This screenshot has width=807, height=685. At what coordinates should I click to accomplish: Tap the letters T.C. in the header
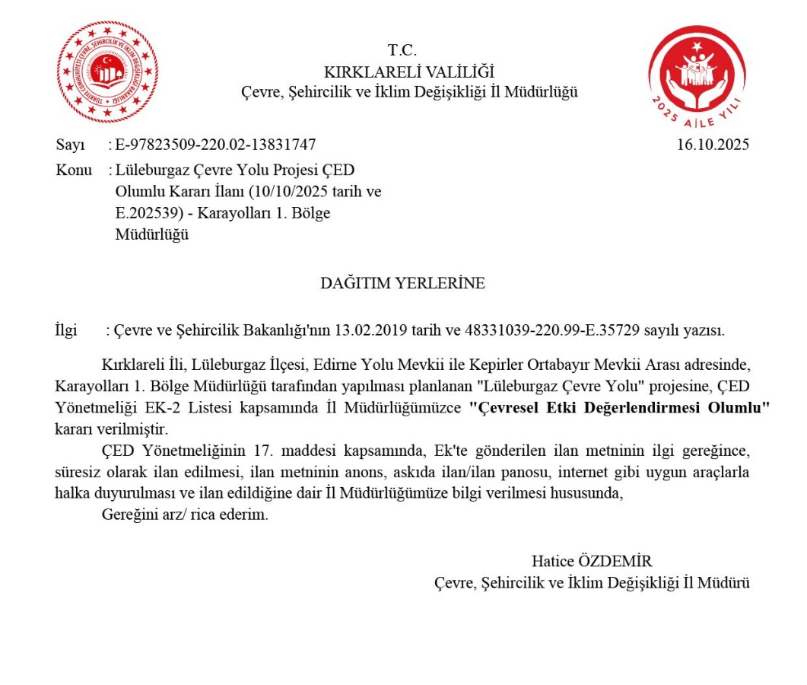pos(402,51)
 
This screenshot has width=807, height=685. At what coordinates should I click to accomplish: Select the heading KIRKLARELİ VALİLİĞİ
pos(408,72)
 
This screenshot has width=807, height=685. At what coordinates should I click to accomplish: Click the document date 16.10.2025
pos(713,145)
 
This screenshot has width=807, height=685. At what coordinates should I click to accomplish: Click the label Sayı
pos(71,145)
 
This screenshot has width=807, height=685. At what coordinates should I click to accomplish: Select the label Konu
pos(74,170)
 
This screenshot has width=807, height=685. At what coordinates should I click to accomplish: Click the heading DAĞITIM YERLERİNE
pos(402,283)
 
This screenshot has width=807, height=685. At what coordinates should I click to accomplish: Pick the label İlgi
pos(67,330)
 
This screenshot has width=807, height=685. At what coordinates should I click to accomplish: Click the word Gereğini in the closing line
pos(127,515)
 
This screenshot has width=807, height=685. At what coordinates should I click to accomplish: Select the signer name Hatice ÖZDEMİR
pos(592,562)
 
